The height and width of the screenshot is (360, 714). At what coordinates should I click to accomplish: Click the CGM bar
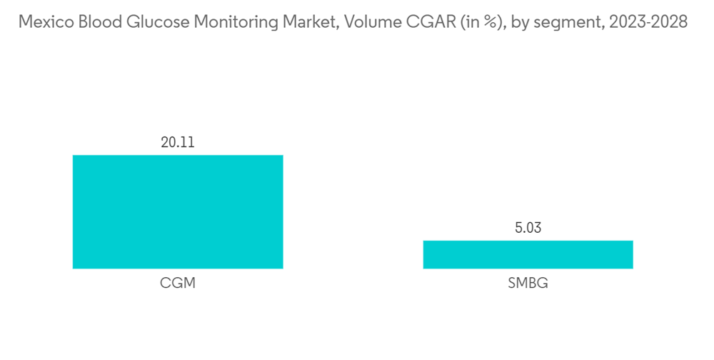click(178, 211)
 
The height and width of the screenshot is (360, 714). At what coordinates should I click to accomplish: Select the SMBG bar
click(528, 254)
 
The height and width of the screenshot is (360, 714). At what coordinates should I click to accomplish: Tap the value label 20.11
click(178, 142)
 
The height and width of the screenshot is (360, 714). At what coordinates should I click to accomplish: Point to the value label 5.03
click(528, 228)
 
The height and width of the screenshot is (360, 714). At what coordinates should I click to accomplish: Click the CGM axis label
click(178, 284)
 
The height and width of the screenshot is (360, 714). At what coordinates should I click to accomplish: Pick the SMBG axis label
click(528, 284)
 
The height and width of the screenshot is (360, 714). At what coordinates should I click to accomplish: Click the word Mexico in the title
click(41, 22)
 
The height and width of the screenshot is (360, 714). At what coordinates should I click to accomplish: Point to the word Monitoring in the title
click(220, 22)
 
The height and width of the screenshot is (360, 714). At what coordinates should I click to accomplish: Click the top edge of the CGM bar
click(178, 156)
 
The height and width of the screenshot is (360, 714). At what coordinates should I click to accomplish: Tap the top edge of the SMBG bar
click(528, 241)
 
